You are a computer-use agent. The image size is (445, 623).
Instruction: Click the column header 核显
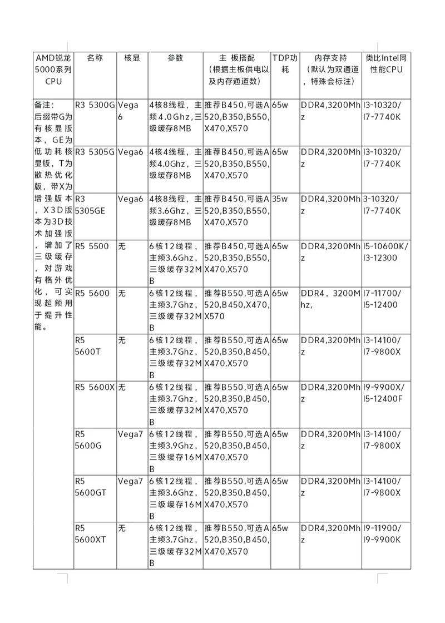[x=132, y=58]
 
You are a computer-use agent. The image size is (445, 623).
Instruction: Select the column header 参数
[x=175, y=58]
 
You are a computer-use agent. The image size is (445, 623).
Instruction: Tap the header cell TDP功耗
[x=285, y=64]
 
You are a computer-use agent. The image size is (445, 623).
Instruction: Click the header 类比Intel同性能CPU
[x=387, y=64]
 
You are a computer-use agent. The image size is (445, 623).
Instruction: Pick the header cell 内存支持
[x=330, y=58]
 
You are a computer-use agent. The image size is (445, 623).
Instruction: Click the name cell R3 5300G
[x=95, y=105]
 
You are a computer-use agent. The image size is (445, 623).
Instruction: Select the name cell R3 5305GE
[x=89, y=204]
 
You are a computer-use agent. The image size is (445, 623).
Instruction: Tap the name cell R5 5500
[x=92, y=246]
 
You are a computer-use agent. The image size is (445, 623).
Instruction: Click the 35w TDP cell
[x=280, y=199]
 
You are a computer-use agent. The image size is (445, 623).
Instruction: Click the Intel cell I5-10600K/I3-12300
[x=385, y=251]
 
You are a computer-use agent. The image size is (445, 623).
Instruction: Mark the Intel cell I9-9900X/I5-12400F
[x=384, y=392]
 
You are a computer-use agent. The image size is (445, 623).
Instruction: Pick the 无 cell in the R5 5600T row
[x=122, y=340]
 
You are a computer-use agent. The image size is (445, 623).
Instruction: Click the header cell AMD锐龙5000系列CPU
[x=53, y=70]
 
